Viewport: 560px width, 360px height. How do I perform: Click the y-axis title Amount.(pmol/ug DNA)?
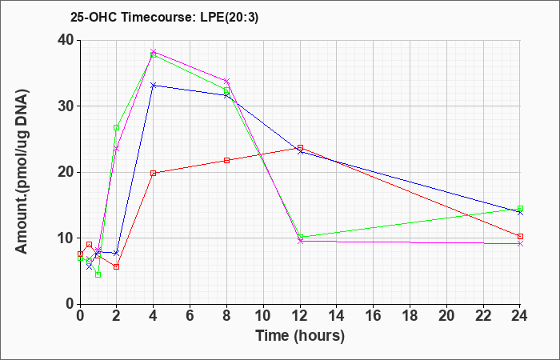point(22,172)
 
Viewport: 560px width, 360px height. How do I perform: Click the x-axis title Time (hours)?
point(300,336)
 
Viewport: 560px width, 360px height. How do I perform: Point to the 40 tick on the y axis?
point(66,40)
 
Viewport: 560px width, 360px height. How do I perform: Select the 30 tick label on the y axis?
point(66,106)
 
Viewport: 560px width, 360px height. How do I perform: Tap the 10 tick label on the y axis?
point(66,238)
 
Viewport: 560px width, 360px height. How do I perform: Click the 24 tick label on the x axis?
point(520,316)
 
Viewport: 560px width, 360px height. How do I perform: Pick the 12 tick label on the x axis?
point(300,316)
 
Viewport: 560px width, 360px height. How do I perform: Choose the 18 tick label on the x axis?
point(410,316)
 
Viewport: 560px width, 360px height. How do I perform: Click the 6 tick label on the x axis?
point(190,316)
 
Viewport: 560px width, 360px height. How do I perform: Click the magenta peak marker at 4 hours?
point(154,52)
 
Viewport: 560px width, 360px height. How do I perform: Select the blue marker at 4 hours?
point(154,86)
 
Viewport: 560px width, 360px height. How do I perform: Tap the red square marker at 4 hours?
point(154,174)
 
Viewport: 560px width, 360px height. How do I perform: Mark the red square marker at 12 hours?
point(300,147)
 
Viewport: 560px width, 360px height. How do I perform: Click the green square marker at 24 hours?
point(520,209)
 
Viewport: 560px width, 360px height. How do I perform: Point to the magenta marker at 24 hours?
point(520,243)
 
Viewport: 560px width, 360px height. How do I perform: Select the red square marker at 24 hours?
point(520,237)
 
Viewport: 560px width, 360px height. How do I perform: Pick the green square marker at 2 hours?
point(116,128)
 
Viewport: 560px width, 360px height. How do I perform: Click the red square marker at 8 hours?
point(226,160)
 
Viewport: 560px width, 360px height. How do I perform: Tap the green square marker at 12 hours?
point(300,237)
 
